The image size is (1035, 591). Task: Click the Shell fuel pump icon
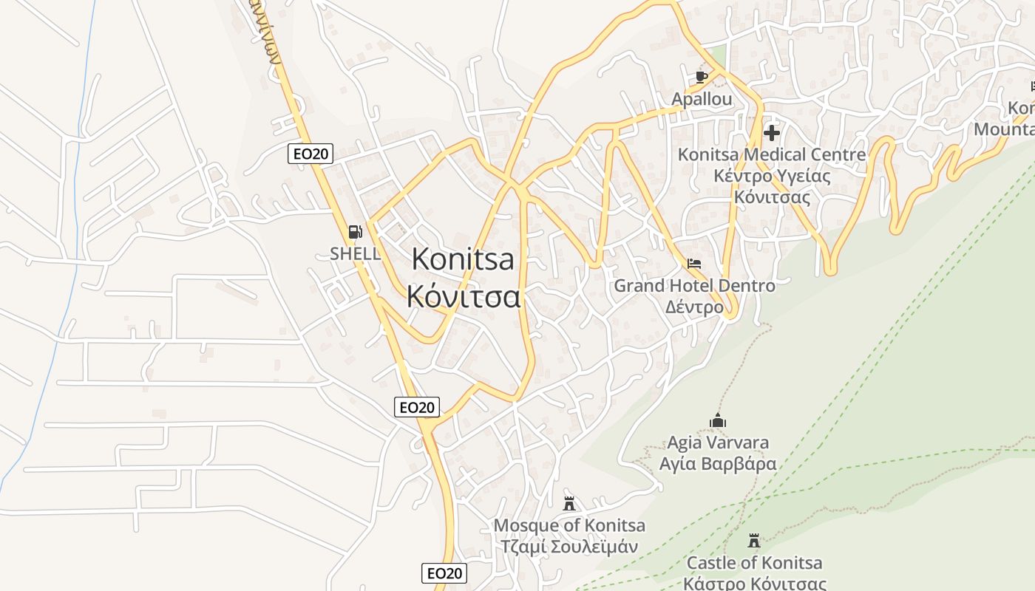click(355, 232)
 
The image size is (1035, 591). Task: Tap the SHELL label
click(356, 253)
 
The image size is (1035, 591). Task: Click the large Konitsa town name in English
click(463, 259)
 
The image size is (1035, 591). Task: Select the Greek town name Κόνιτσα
click(464, 296)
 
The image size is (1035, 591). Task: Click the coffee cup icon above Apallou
click(702, 76)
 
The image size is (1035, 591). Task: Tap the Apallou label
click(702, 99)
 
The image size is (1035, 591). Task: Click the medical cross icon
click(772, 133)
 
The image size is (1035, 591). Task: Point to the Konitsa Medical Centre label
click(772, 154)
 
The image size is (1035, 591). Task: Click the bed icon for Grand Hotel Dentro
click(694, 263)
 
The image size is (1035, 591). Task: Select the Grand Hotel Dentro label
click(695, 285)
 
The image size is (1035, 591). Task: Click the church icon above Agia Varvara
click(718, 421)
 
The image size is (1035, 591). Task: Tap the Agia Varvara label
click(718, 443)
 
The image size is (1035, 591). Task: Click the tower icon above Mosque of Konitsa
click(569, 504)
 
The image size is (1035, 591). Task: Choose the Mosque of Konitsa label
click(569, 525)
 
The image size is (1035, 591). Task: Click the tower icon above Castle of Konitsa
click(754, 541)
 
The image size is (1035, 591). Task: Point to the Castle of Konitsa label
click(754, 563)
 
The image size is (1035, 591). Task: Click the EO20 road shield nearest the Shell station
click(310, 154)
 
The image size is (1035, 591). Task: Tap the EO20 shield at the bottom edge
click(445, 573)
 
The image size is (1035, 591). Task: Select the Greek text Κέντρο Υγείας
click(772, 177)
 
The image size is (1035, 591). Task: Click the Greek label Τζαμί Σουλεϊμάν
click(569, 547)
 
